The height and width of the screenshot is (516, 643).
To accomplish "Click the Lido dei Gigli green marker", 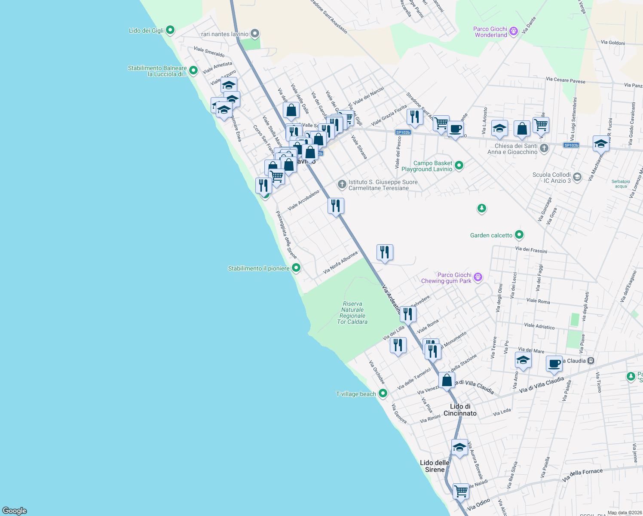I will pyautogui.click(x=170, y=30).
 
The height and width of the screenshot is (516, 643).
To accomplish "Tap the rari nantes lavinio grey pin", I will pyautogui.click(x=255, y=34).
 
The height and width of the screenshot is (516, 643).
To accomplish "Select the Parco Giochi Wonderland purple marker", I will pyautogui.click(x=513, y=31).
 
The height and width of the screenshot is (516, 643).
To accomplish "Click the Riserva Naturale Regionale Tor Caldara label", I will pyautogui.click(x=352, y=313).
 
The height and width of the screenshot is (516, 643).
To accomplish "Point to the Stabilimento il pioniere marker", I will pyautogui.click(x=296, y=268).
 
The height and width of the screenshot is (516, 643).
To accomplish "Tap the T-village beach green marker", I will pyautogui.click(x=383, y=393).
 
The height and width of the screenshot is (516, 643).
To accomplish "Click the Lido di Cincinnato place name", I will pyautogui.click(x=460, y=410).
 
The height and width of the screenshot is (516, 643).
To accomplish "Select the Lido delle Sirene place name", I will pyautogui.click(x=435, y=466).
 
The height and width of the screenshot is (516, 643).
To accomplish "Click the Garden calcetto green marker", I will pyautogui.click(x=519, y=235).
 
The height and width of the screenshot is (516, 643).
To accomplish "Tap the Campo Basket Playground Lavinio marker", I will pyautogui.click(x=459, y=166).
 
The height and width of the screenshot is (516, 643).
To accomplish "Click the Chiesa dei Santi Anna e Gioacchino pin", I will pyautogui.click(x=544, y=149).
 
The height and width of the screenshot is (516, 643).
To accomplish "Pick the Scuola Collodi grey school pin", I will pyautogui.click(x=577, y=177).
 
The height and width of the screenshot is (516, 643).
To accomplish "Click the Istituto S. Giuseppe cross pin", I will pyautogui.click(x=342, y=185).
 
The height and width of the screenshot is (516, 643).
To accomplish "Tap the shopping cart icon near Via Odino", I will pyautogui.click(x=461, y=491).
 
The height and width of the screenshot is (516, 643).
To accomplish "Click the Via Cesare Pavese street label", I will pyautogui.click(x=565, y=80).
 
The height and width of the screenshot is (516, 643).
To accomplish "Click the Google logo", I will pyautogui.click(x=15, y=511).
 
